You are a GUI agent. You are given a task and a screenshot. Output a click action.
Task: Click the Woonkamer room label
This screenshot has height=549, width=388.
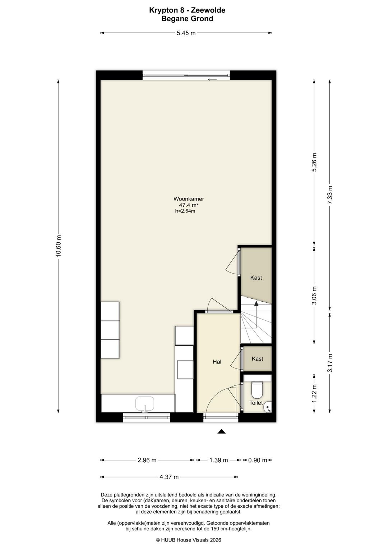189,199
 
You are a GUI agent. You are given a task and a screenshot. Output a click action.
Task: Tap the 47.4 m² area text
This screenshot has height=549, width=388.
189,205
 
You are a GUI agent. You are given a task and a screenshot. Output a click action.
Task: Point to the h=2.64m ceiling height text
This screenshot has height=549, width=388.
185,211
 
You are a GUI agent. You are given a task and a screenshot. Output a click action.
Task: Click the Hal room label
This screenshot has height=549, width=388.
217,362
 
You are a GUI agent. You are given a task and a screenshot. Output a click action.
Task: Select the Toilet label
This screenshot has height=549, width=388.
256,403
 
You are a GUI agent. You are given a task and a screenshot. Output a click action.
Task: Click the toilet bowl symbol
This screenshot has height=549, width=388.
257,389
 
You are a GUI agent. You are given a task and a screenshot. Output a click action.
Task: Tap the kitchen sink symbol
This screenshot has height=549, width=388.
145,404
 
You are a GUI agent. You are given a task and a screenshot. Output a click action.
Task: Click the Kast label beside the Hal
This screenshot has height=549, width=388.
257,358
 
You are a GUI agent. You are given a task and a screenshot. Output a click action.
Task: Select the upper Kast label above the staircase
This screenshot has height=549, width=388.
256,278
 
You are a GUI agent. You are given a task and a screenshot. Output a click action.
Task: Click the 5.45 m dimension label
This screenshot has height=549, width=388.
186,33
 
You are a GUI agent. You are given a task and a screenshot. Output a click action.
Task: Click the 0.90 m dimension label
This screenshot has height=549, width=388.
258,460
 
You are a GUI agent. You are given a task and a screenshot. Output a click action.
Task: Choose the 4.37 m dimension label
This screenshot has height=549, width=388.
169,477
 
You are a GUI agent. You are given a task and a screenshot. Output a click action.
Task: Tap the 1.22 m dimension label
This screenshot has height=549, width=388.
314,393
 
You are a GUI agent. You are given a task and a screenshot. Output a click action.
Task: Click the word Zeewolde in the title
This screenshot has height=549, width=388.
208,10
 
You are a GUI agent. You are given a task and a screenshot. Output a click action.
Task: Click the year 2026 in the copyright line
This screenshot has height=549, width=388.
216,540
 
